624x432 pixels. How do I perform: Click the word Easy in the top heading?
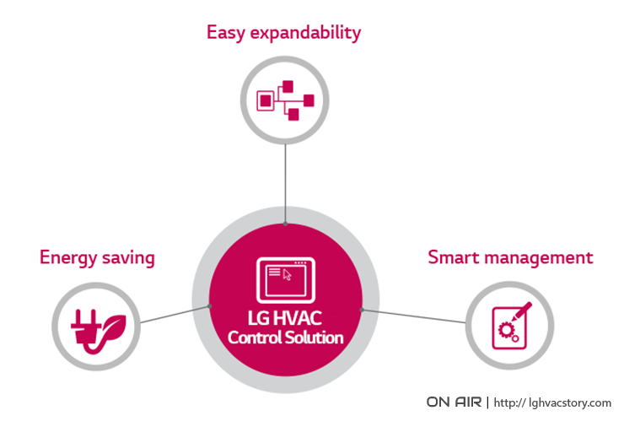pyautogui.click(x=225, y=33)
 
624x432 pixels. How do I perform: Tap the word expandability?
pyautogui.click(x=305, y=33)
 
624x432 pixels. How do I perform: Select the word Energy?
pyautogui.click(x=68, y=258)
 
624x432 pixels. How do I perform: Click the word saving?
pyautogui.click(x=128, y=258)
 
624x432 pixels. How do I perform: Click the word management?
pyautogui.click(x=539, y=258)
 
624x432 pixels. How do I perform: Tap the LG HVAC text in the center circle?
pyautogui.click(x=285, y=318)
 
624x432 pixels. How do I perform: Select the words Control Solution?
pyautogui.click(x=285, y=337)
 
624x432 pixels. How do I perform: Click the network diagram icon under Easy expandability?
pyautogui.click(x=285, y=100)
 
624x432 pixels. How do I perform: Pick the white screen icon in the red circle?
pyautogui.click(x=286, y=280)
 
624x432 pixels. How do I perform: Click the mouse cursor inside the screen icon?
pyautogui.click(x=287, y=274)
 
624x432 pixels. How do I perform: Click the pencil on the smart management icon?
pyautogui.click(x=522, y=311)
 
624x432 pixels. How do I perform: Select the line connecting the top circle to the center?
pyautogui.click(x=285, y=184)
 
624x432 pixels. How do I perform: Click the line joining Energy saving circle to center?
pyautogui.click(x=175, y=314)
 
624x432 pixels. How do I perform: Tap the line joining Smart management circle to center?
pyautogui.click(x=413, y=316)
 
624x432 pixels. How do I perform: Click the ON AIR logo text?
pyautogui.click(x=454, y=402)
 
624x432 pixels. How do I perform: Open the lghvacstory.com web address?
pyautogui.click(x=552, y=402)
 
